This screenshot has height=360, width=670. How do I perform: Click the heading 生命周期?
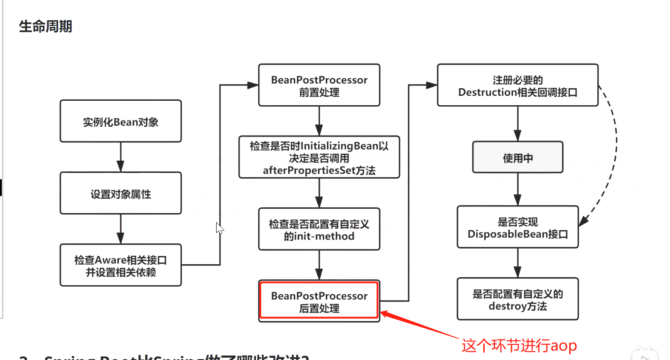point(45,27)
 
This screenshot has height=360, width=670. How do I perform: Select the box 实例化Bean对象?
point(120,121)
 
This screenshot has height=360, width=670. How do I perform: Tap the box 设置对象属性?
point(120,193)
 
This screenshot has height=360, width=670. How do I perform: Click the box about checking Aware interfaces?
point(120,265)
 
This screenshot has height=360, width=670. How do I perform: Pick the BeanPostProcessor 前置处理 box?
point(319,86)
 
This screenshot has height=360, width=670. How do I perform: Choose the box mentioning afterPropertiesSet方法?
point(319,158)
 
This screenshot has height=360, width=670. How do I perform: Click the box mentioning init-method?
point(319,229)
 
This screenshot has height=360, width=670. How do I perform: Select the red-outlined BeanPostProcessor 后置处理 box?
point(319,301)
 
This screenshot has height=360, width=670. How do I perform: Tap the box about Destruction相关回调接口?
point(517,86)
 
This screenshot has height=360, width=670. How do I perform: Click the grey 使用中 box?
point(517,158)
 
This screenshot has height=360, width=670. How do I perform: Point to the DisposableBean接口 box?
point(517,227)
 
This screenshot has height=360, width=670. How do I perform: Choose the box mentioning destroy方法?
point(517,299)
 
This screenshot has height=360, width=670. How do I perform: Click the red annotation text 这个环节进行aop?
point(519,345)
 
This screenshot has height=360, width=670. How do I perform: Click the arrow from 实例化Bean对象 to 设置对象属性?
point(120,157)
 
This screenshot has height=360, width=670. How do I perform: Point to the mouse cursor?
point(219,228)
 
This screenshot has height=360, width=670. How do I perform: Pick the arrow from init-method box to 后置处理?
point(319,265)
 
